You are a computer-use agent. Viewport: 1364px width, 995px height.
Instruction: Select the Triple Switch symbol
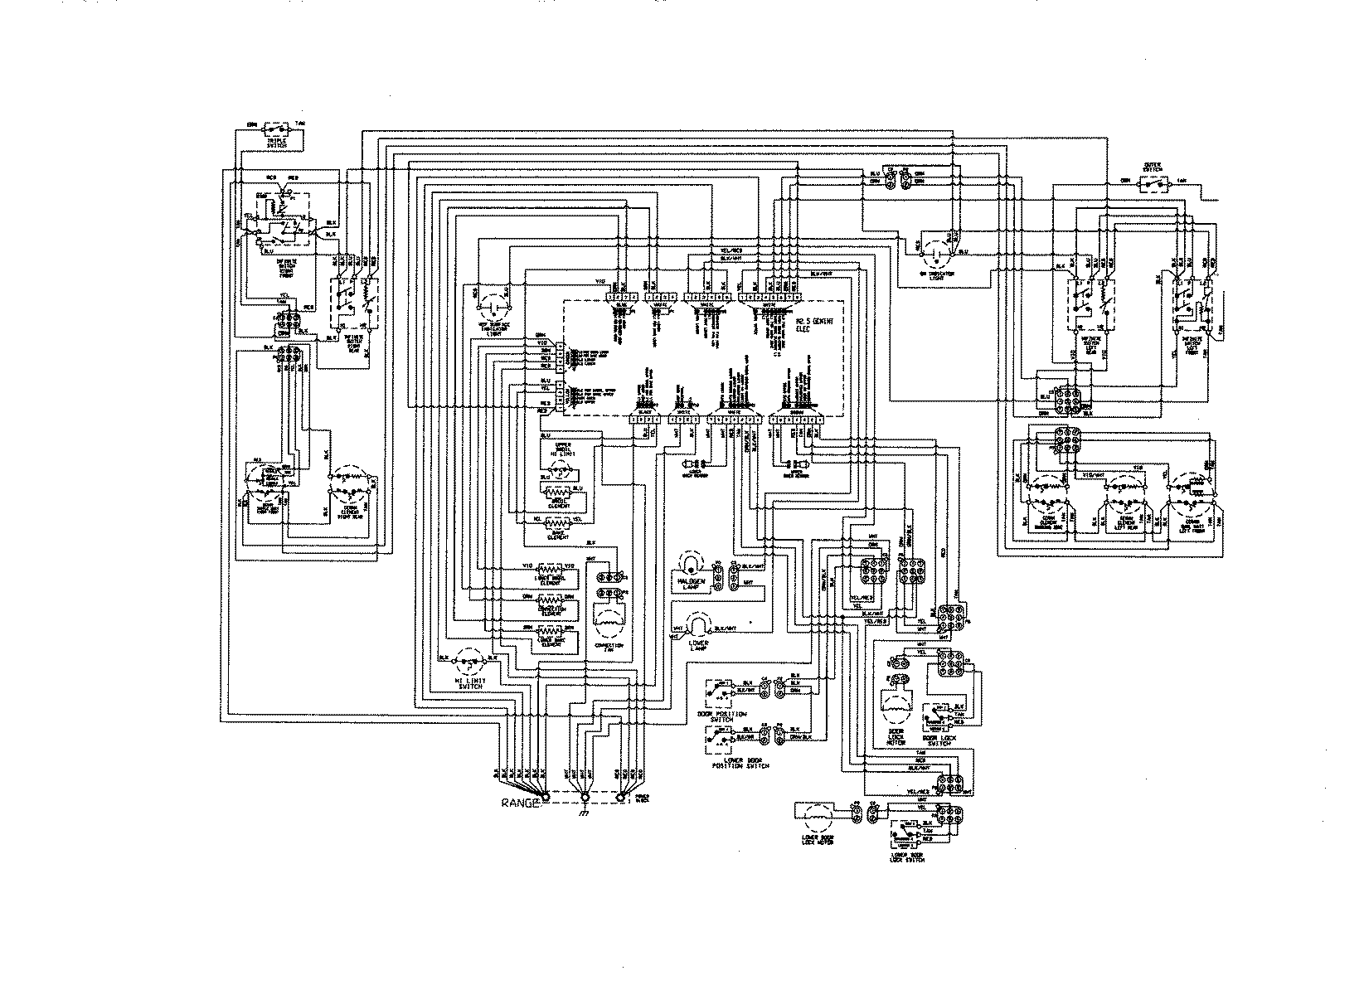276,130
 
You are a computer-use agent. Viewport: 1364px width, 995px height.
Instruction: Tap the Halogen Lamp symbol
691,565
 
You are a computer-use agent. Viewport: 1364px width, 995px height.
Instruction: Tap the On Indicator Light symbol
936,245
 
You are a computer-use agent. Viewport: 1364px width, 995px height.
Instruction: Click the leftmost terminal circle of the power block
545,798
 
